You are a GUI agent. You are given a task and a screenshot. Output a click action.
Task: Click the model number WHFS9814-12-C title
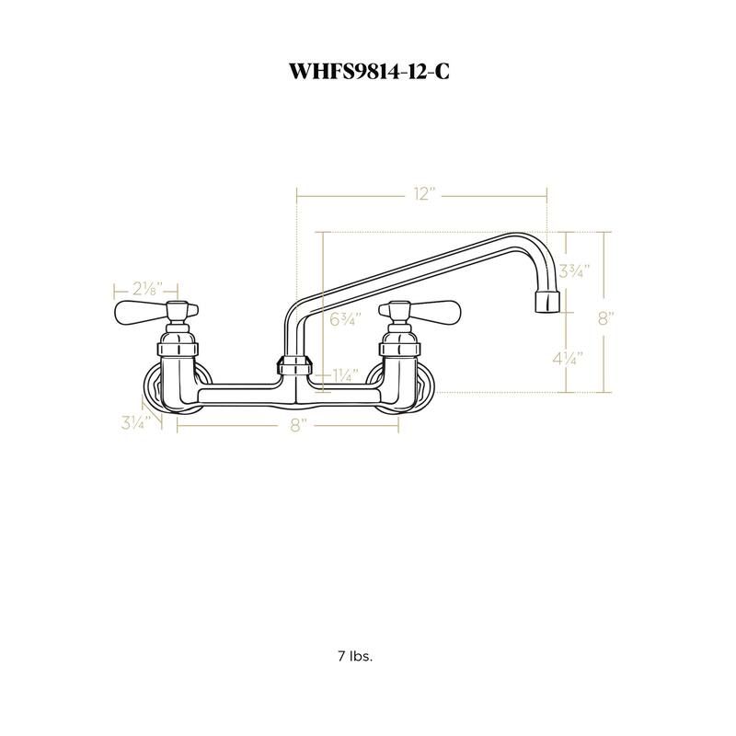(x=367, y=72)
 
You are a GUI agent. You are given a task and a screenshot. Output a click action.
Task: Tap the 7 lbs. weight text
(x=354, y=657)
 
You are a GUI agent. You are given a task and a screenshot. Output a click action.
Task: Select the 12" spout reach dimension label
(x=423, y=194)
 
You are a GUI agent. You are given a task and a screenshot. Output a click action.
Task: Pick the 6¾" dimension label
(x=345, y=319)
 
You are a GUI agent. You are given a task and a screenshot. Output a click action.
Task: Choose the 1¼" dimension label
(x=345, y=374)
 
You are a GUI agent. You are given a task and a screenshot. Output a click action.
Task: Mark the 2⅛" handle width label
(x=147, y=287)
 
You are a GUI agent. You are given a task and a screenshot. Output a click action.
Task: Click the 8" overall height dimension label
(x=604, y=318)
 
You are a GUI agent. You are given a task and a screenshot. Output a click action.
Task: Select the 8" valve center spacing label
(x=296, y=425)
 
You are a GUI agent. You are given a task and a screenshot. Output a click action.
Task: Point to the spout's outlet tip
(x=546, y=302)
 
